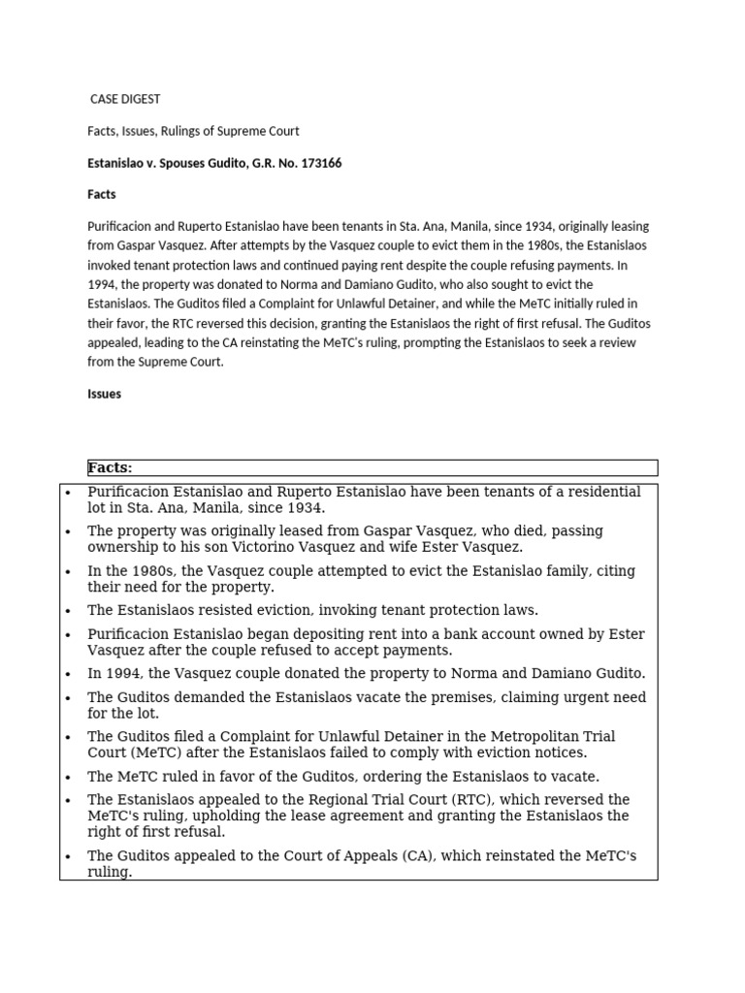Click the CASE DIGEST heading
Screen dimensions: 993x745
click(x=125, y=99)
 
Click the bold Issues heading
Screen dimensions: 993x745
click(x=104, y=394)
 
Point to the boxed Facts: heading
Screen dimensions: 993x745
click(x=110, y=467)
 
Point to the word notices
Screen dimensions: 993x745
click(x=556, y=753)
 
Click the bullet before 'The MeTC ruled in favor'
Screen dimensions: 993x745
click(x=68, y=777)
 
